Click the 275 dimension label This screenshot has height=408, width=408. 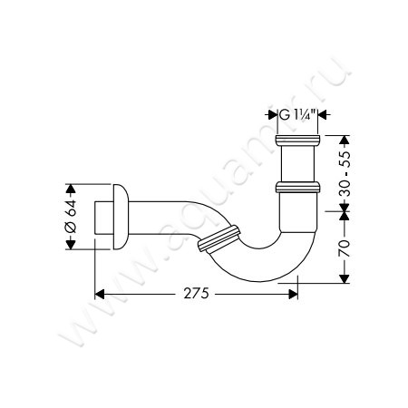(x=196, y=293)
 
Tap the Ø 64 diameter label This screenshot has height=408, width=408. (x=71, y=216)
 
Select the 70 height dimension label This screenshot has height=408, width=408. (x=345, y=248)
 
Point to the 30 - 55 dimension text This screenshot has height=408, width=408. (x=345, y=174)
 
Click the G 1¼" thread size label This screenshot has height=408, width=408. (x=297, y=115)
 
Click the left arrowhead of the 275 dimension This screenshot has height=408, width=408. (x=100, y=294)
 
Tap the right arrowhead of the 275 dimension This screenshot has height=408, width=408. (x=293, y=294)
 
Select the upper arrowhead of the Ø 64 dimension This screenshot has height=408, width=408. (x=71, y=189)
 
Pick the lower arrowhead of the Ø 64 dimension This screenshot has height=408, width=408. (x=71, y=245)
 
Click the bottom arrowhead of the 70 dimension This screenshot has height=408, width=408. (x=345, y=278)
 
